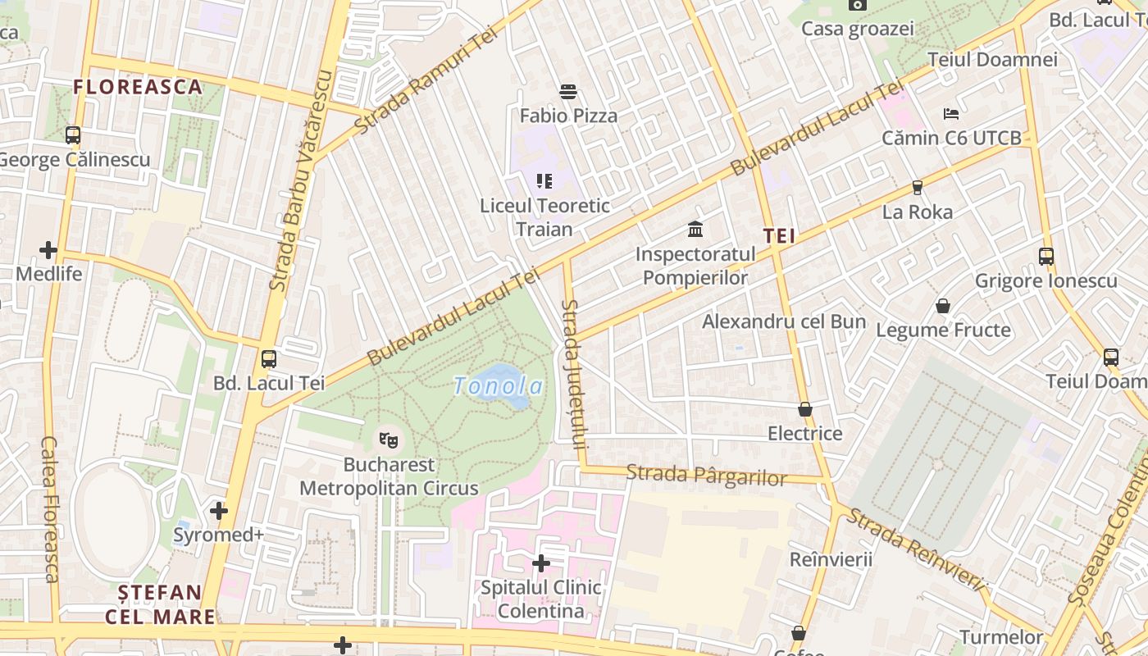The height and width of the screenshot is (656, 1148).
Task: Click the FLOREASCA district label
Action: point(137,87)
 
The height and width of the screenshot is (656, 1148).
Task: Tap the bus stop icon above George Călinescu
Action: point(73,135)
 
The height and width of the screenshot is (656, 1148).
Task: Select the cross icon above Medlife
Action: point(48,249)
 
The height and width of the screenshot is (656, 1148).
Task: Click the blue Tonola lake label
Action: point(498,385)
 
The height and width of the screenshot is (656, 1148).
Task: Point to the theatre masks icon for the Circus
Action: point(389,440)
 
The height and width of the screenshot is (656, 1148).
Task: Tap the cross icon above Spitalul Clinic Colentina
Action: point(541,563)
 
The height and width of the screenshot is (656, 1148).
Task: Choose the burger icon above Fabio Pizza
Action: point(567,91)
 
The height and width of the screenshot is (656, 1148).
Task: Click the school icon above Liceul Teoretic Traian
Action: point(544,180)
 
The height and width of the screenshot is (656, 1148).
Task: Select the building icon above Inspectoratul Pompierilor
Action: point(695,229)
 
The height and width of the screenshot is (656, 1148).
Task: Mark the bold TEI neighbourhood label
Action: point(779,237)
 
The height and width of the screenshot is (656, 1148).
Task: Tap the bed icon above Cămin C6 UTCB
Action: point(951,113)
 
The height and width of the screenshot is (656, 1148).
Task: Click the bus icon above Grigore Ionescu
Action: point(1045,257)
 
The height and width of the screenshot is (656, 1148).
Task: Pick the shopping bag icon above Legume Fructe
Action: point(943,306)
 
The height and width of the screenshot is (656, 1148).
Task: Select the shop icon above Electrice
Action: point(804,409)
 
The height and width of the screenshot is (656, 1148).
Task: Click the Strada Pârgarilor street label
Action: point(706,476)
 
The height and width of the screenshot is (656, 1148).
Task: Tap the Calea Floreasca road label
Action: point(50,508)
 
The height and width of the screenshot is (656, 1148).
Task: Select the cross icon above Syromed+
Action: point(218,511)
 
